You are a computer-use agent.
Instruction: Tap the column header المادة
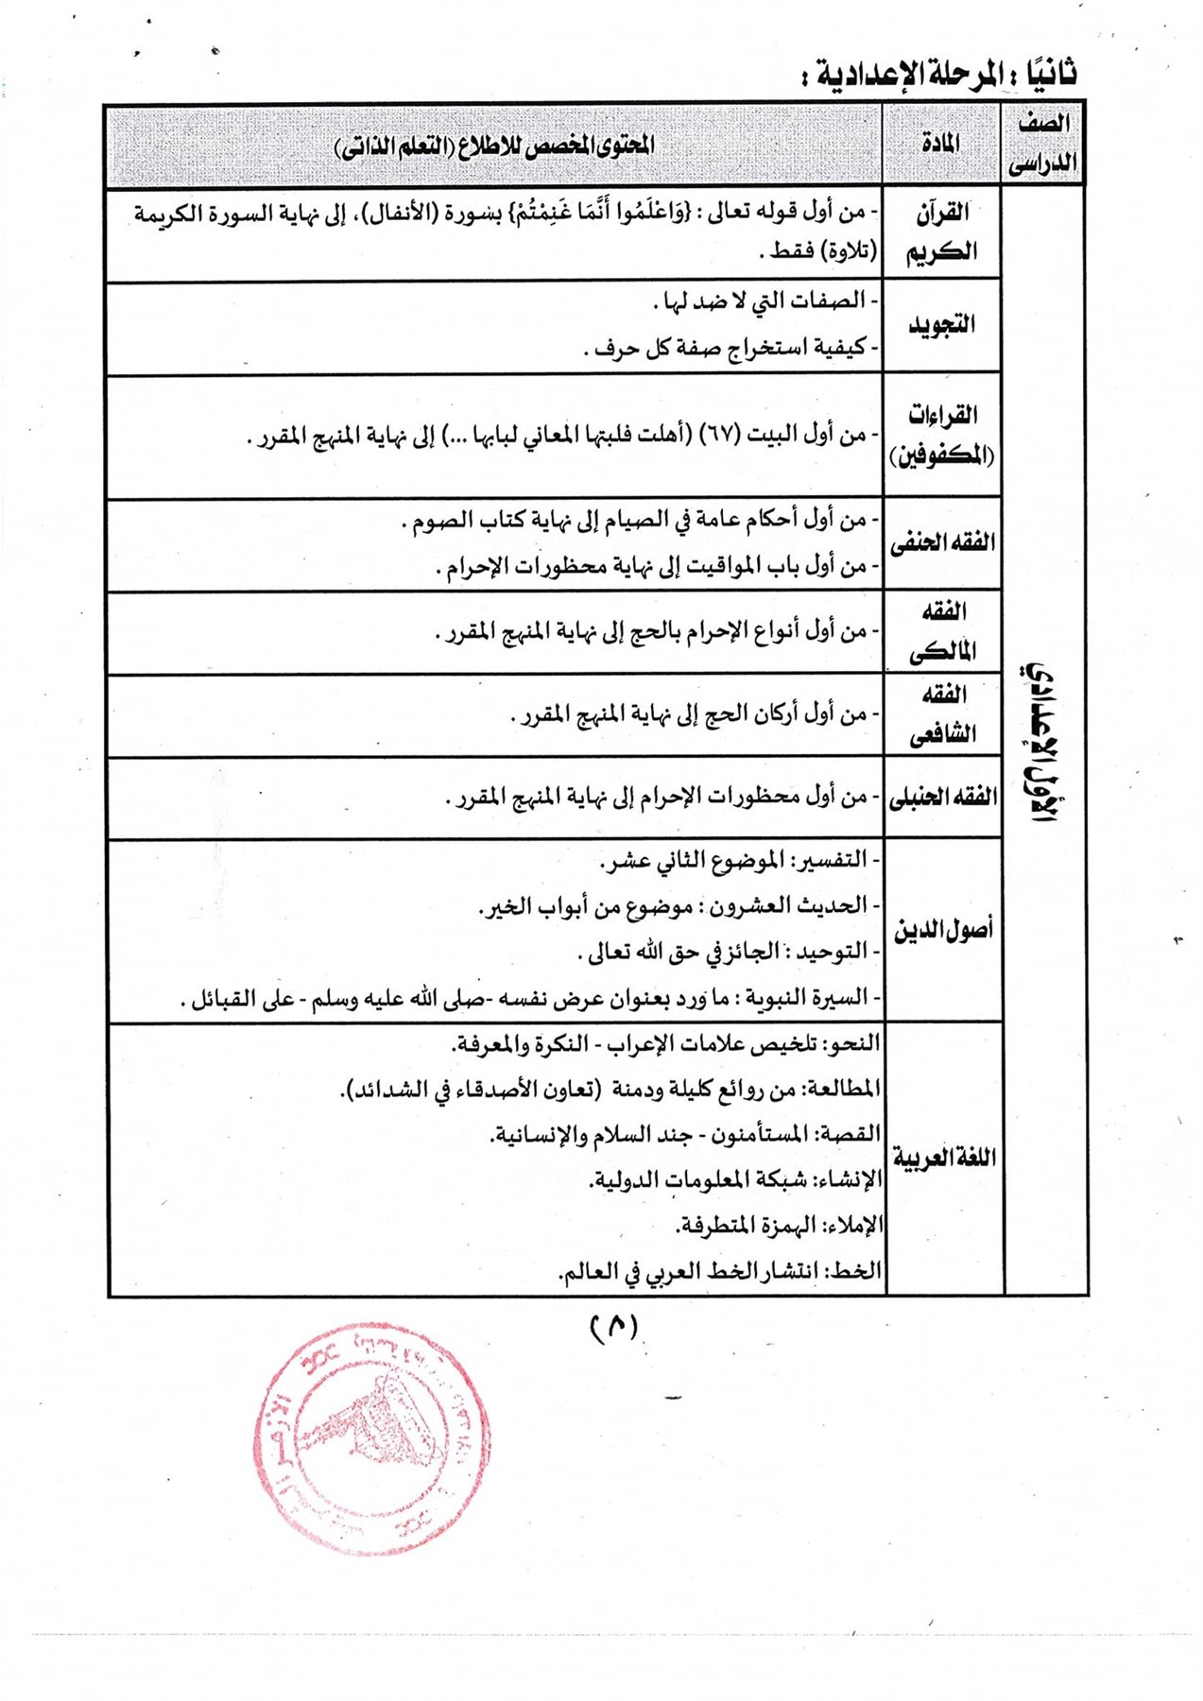(x=940, y=144)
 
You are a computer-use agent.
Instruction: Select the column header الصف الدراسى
(x=1042, y=144)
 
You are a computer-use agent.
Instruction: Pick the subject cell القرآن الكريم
(x=941, y=232)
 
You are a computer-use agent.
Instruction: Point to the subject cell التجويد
(x=941, y=325)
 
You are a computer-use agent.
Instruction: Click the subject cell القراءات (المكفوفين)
(x=941, y=436)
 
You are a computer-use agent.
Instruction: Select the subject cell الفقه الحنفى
(x=941, y=543)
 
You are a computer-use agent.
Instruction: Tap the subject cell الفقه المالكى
(x=941, y=631)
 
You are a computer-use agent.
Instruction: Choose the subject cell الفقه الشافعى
(x=941, y=714)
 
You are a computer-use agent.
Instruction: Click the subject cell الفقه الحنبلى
(x=941, y=797)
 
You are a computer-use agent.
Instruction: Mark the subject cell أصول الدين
(x=943, y=930)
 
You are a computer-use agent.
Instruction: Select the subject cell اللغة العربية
(x=943, y=1158)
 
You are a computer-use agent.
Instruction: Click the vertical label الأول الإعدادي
(x=1043, y=742)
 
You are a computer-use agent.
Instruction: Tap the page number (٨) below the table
(x=614, y=1327)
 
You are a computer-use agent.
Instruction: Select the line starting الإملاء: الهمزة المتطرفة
(x=779, y=1226)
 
